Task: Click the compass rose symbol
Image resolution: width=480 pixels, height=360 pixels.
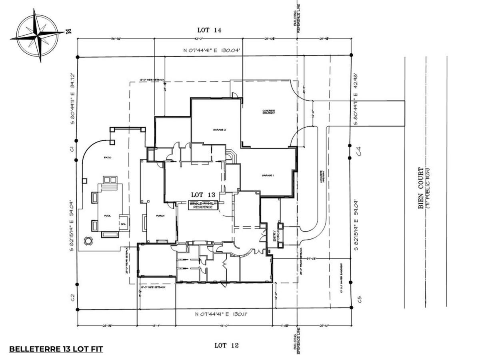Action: pos(37,35)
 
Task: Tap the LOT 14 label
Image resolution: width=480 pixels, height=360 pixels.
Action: pos(209,30)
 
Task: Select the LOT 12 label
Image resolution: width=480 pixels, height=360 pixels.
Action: pos(226,345)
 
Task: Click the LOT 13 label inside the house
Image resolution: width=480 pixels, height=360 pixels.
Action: pos(203,195)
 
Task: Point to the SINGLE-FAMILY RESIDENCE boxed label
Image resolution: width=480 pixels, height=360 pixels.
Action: pos(204,206)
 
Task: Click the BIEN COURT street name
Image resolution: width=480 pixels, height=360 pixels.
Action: pos(421,188)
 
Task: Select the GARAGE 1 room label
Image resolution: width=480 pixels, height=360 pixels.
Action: pos(268,176)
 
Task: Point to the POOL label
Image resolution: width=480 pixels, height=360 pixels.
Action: pos(108,216)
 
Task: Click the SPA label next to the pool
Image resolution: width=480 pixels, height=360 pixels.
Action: pos(123,224)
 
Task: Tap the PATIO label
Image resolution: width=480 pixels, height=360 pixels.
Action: pos(108,158)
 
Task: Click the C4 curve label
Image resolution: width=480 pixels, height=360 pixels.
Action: pos(359,151)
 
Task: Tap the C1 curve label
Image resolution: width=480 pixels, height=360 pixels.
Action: pos(72,149)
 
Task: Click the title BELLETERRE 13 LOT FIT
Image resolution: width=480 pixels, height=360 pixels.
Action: pos(56,349)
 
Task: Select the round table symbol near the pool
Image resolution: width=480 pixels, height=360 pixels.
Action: pos(88,241)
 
